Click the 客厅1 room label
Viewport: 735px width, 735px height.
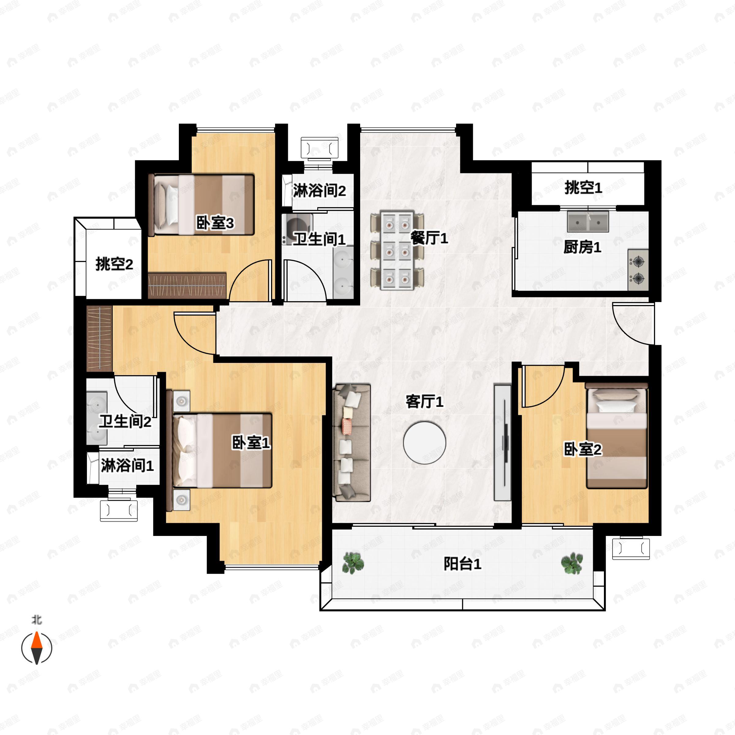coord(424,401)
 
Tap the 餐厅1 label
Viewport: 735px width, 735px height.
coord(429,238)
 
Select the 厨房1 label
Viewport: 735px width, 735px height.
coord(582,247)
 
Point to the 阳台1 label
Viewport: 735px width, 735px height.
coord(462,563)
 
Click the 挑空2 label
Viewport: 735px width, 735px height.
coord(114,264)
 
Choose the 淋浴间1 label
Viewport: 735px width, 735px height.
coord(127,465)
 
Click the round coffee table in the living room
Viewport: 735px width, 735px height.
coord(424,443)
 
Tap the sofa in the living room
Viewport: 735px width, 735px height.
coord(352,443)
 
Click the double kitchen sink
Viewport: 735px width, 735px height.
coord(588,221)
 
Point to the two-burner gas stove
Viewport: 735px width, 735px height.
coord(638,270)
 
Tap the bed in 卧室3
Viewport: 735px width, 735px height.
coord(202,204)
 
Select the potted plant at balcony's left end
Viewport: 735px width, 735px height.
coord(353,563)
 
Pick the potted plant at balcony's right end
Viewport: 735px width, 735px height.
coord(572,563)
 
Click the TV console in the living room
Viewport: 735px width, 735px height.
coord(502,443)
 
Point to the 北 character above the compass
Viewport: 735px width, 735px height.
coord(36,620)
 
